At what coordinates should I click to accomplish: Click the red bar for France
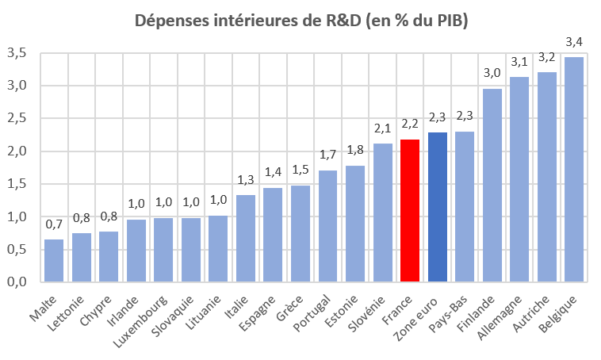(410, 211)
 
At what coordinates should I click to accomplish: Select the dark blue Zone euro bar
(438, 207)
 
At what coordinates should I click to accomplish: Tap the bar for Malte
(54, 260)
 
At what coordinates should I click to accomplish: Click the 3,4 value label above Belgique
(574, 41)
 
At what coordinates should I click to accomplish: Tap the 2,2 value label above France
(410, 124)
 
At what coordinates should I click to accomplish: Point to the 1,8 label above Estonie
(355, 150)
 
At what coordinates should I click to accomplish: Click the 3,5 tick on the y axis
(17, 53)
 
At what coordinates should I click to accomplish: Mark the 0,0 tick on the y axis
(17, 282)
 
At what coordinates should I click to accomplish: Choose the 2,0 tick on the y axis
(17, 151)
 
